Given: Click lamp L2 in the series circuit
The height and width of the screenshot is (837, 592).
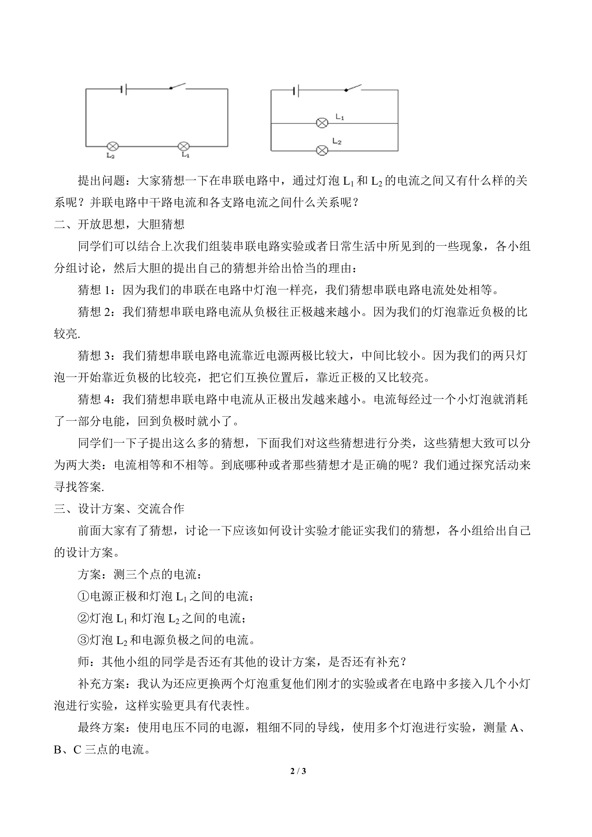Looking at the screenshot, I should click(x=113, y=147).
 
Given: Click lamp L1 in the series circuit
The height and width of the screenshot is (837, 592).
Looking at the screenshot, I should click(x=183, y=147).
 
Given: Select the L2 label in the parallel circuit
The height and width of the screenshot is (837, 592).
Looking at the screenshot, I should click(x=337, y=141).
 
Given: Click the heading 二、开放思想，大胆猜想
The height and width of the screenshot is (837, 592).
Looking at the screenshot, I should click(x=119, y=224).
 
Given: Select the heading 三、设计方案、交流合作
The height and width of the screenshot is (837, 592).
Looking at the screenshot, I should click(x=119, y=509).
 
